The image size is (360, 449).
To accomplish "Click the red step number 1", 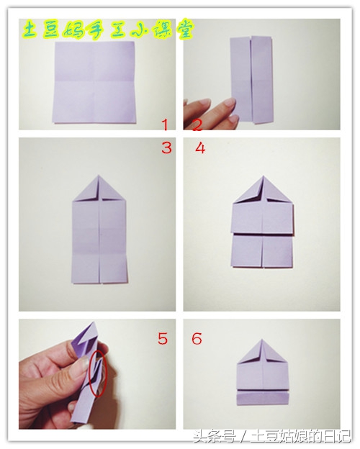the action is [165, 125].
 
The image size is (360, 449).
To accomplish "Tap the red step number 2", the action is [197, 125].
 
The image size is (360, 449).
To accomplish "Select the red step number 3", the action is [166, 148].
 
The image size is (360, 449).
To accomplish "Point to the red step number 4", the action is [200, 148].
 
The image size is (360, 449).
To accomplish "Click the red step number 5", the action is [163, 338].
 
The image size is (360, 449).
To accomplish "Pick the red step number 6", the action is [197, 338].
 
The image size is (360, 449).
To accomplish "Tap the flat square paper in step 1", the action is [95, 83].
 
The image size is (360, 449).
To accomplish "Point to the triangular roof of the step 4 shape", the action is [263, 191].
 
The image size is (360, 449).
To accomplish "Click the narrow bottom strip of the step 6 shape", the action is [262, 399].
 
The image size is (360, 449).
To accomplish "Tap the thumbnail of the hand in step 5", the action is [84, 363].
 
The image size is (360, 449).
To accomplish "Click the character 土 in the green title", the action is [30, 30].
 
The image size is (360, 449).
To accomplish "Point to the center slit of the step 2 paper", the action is [251, 80].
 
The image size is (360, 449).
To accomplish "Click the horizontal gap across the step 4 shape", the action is [262, 233].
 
